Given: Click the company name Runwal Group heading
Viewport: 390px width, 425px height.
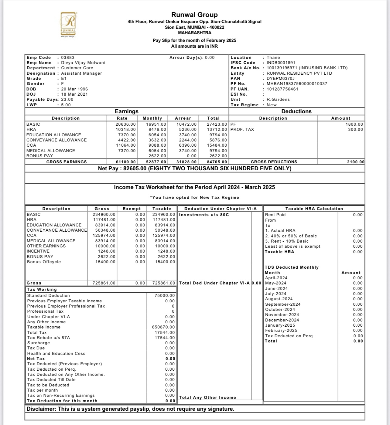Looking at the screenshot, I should point(194,15).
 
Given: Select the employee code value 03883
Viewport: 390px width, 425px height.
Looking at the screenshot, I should point(68,57).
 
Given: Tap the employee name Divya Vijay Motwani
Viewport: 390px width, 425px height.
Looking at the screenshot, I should point(83,63).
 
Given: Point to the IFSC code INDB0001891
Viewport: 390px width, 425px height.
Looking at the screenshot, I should point(281,63).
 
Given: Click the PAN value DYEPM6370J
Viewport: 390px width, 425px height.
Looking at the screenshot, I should point(281,78).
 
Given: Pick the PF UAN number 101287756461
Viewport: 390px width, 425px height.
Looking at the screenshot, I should point(282,89).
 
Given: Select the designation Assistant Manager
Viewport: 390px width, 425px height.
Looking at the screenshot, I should point(81,73).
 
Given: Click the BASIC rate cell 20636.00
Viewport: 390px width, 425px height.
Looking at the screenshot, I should point(126,124).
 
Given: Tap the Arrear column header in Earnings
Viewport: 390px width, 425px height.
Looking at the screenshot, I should point(183,118).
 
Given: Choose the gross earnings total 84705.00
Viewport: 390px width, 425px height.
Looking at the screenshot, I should point(217,162).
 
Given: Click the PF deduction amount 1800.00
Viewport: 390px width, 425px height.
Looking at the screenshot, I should point(354,124).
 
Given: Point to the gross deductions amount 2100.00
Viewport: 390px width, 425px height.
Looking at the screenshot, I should point(355,162).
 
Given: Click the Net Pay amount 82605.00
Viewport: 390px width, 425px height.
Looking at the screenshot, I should point(135,168).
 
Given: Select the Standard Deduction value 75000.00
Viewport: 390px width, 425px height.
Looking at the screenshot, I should point(165,295).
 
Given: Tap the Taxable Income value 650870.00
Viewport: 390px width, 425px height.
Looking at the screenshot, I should point(163,327).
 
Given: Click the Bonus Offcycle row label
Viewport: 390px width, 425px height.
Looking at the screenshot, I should point(44,262).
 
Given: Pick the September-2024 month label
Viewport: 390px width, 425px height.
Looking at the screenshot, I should point(283,304).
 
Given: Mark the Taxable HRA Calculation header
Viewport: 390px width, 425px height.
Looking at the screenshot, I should point(314,209).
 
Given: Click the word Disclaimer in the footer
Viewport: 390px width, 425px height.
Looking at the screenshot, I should point(41,409).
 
